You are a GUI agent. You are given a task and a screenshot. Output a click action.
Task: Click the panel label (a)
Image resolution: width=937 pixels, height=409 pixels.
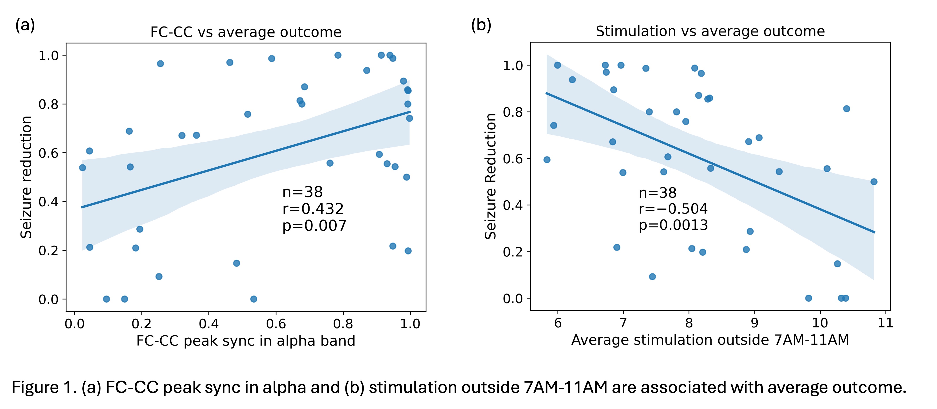(25, 26)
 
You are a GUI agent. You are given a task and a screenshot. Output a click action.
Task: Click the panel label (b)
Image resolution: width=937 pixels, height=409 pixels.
(481, 26)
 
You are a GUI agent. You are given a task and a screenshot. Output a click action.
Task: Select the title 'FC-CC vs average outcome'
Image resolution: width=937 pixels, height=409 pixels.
(246, 32)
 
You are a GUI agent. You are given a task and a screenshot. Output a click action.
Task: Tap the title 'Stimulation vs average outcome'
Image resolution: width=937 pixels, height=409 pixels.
(710, 31)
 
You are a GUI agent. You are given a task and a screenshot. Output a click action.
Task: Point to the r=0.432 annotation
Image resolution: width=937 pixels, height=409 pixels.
(313, 209)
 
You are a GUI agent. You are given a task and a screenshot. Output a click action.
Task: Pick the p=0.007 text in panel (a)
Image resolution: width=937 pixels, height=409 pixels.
(314, 226)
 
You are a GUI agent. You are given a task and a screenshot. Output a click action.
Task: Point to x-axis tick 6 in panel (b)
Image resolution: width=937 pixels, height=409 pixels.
(558, 323)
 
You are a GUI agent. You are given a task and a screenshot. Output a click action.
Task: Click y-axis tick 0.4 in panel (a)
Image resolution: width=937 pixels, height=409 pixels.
(48, 202)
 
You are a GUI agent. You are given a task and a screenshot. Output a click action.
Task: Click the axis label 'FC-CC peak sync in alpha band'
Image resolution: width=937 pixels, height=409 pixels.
(246, 341)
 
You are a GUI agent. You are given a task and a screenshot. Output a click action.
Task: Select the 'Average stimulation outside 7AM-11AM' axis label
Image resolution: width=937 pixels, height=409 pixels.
(710, 340)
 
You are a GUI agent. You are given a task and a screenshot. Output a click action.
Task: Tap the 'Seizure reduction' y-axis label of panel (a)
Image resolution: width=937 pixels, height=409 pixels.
(26, 177)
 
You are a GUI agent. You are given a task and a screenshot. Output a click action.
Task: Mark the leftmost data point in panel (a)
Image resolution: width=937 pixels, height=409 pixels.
(83, 168)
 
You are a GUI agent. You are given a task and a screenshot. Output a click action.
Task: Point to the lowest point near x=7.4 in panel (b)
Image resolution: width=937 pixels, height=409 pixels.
(652, 277)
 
